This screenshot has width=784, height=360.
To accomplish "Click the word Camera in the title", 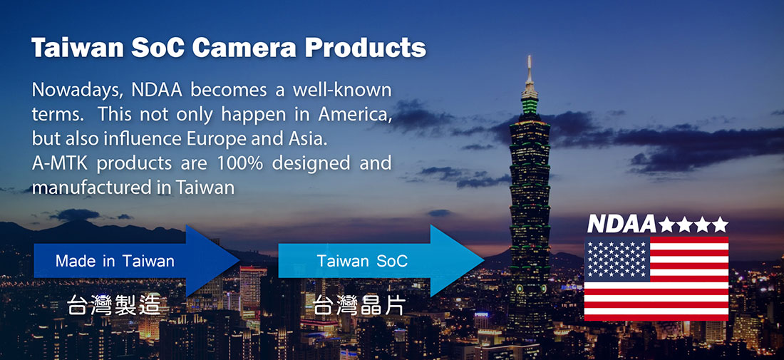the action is tap(244, 47).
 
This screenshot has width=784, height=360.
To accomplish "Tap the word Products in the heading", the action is tap(366, 47).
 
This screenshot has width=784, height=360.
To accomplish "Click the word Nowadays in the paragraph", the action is tap(77, 91).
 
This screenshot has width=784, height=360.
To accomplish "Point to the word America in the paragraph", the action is tap(354, 115).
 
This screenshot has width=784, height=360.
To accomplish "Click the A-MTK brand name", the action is tap(60, 163).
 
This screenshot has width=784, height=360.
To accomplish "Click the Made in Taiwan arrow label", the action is tap(115, 260).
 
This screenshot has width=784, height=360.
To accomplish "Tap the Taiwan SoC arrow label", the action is tap(362, 260).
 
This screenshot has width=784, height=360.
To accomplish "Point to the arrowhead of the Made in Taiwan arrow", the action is tap(239, 260).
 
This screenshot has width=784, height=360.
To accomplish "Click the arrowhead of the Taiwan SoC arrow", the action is tap(483, 260).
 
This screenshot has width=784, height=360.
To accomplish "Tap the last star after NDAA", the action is tap(720, 225).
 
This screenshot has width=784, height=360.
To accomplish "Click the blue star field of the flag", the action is tap(617, 259).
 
